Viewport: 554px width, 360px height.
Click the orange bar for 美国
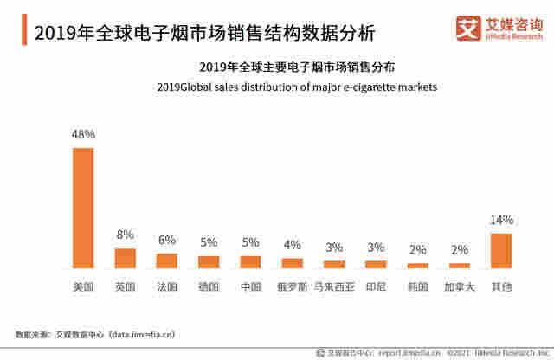83,208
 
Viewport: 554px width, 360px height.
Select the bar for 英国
126,258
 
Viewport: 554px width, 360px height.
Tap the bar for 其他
502,250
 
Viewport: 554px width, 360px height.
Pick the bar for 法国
167,260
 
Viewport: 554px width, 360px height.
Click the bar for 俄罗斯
293,262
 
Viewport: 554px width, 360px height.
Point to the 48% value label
83,135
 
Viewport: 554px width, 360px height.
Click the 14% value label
502,220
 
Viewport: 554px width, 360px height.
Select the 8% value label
126,235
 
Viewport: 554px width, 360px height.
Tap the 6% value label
167,240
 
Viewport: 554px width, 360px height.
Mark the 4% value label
293,245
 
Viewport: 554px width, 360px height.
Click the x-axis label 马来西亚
334,285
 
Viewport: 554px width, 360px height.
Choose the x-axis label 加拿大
460,285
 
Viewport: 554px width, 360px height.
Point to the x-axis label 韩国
418,285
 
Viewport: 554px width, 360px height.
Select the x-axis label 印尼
376,285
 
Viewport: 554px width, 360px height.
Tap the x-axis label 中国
251,285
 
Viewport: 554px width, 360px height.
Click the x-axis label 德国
209,285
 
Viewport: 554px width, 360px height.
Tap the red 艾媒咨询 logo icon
467,29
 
